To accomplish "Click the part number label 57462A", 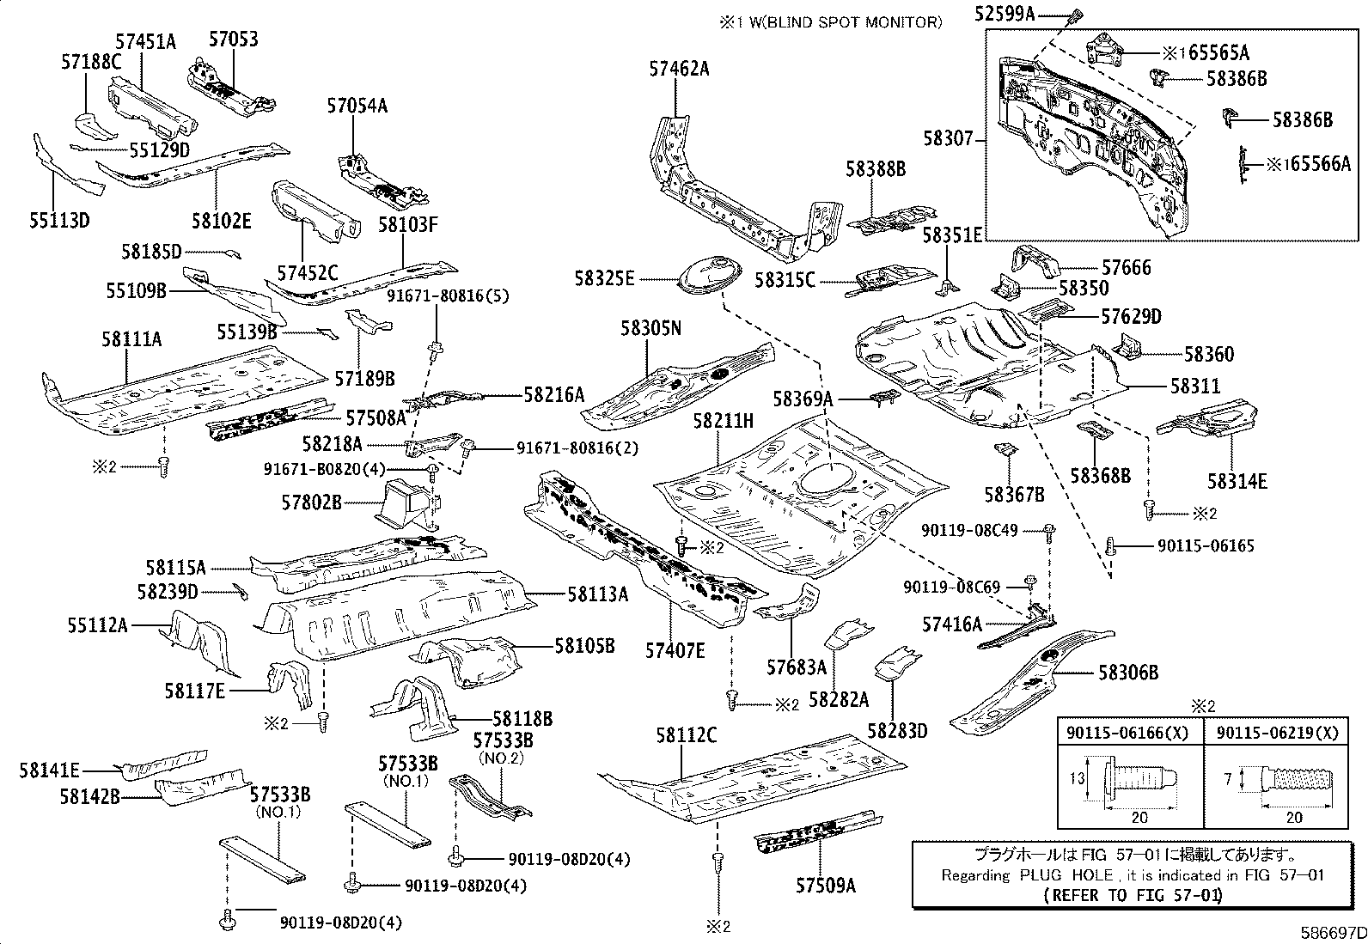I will (x=679, y=70).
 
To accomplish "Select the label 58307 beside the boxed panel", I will (x=949, y=137).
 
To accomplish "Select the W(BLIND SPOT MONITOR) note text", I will (x=832, y=22).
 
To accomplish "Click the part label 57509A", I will (x=825, y=885).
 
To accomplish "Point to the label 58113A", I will (x=597, y=594).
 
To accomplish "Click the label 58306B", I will (x=1127, y=673).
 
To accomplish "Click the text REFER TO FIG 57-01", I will (x=1133, y=894).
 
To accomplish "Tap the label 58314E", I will (x=1237, y=481).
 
